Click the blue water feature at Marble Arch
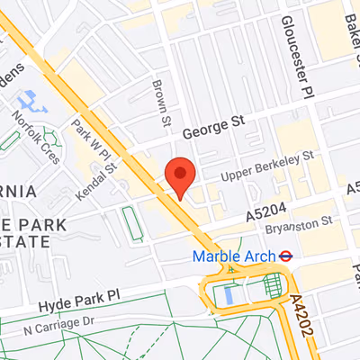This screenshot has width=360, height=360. click(227, 292)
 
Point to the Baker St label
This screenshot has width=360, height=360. click(346, 27)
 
